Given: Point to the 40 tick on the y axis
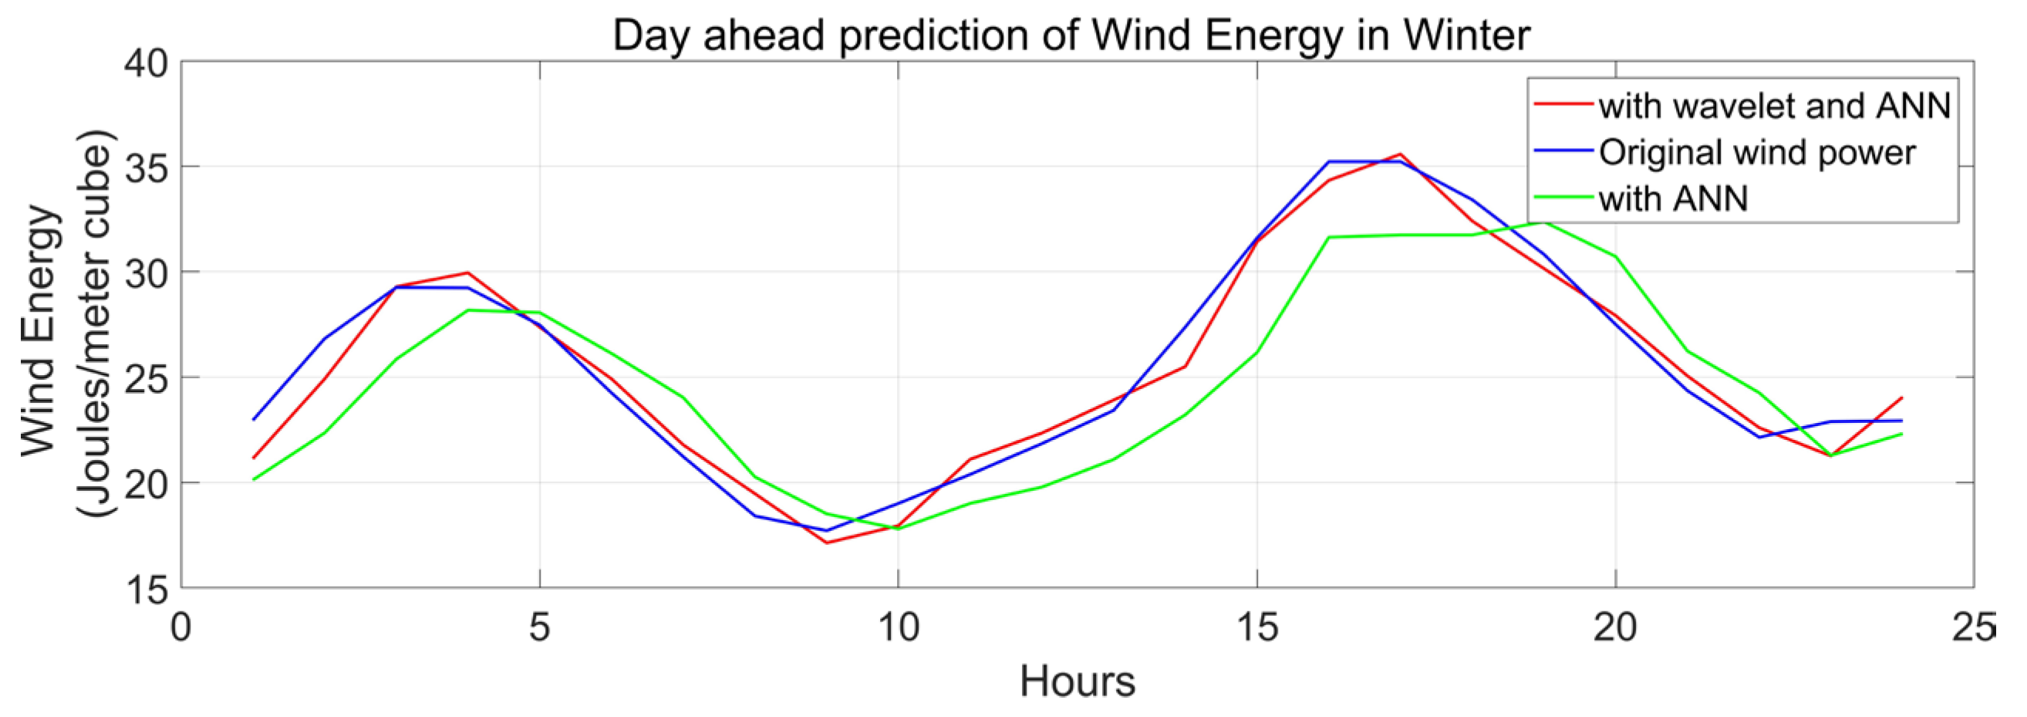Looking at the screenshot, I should click(147, 63).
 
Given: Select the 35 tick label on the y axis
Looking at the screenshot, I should click(147, 167).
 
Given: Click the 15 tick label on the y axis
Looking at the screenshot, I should click(147, 589).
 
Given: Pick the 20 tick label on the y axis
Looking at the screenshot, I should click(147, 483).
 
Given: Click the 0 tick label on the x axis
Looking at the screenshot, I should click(182, 628).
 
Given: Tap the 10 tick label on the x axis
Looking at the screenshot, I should click(899, 628).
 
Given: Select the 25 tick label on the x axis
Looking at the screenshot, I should click(1974, 628).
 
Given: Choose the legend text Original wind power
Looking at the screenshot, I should click(1756, 153).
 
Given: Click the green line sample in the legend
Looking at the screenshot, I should click(1563, 197).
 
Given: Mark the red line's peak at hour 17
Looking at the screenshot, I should click(1401, 154).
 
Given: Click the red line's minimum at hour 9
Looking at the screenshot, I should click(826, 543).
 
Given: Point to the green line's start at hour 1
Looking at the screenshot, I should click(253, 479).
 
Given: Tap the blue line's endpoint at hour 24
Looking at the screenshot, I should click(1902, 421).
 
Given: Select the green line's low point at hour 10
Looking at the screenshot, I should click(899, 529).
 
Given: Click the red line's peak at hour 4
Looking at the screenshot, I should click(468, 273).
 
